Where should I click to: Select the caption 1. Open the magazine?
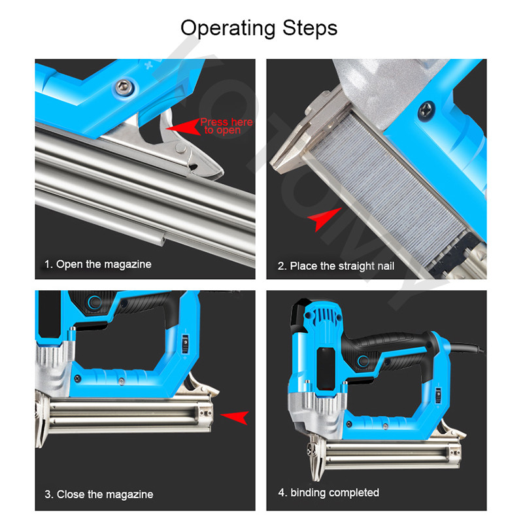click(97, 264)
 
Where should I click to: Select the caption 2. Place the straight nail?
click(336, 266)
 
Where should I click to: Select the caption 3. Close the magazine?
click(99, 494)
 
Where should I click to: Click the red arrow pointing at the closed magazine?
click(235, 414)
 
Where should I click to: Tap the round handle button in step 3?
click(95, 303)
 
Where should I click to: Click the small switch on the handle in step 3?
click(186, 341)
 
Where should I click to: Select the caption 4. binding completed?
click(329, 492)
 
